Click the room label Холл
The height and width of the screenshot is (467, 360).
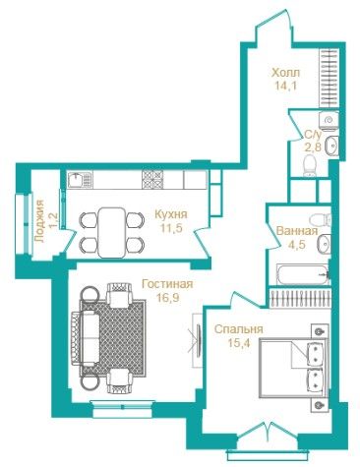coord(285,73)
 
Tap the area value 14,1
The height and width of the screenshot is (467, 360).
coord(285,87)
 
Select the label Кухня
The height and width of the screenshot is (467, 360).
coord(171,214)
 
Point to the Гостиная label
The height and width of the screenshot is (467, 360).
coord(167,284)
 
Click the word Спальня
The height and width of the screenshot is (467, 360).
coord(238,328)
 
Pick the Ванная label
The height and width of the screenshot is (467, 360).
coord(297,231)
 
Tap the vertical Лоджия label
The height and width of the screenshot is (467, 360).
coord(39,220)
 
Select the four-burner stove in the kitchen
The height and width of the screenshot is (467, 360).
coord(152,180)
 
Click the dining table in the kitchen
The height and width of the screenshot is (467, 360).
coord(112,233)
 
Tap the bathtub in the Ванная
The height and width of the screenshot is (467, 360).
coord(302,274)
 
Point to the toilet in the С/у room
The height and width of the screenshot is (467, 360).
coord(309,166)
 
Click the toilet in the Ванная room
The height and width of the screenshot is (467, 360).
coord(321,218)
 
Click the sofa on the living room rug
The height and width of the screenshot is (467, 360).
coord(86,338)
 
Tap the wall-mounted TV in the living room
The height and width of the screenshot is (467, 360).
coord(199,339)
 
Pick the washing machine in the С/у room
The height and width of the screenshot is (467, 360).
coord(329,120)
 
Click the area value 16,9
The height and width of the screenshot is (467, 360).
coord(167,298)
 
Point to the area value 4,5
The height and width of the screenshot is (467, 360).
coord(297,244)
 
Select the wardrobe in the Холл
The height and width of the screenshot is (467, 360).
coord(329,78)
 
